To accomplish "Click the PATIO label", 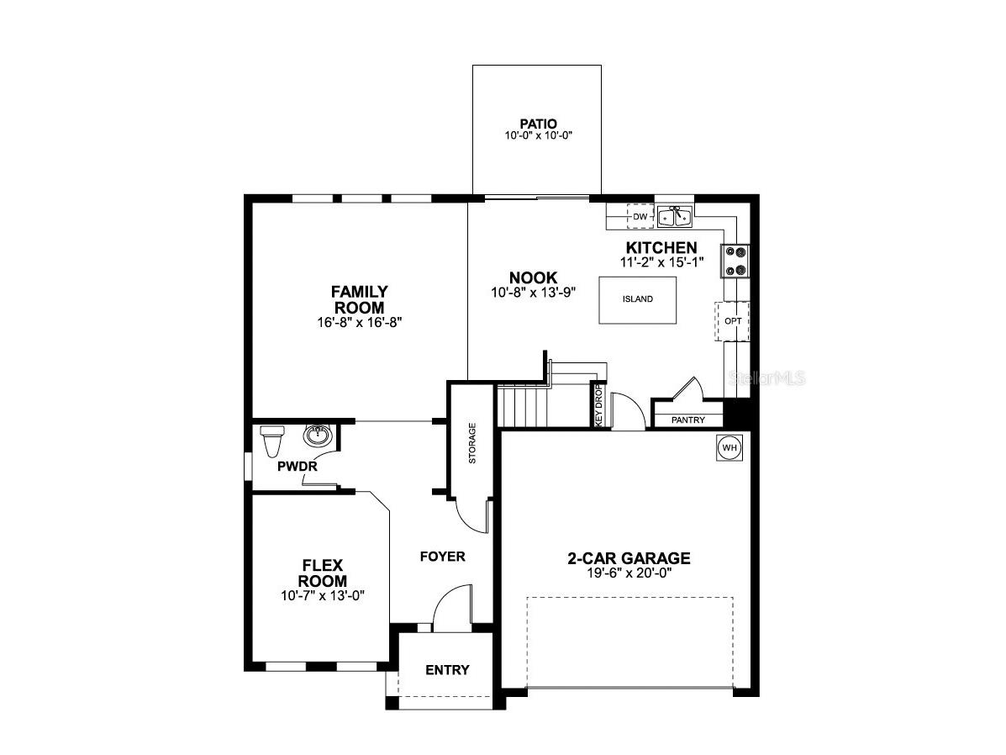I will (x=537, y=123).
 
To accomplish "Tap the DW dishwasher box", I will (x=640, y=217).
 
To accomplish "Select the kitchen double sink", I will (x=674, y=217).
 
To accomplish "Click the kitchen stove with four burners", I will (x=735, y=260).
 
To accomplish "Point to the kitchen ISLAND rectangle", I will (x=637, y=298).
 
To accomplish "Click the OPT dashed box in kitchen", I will (x=731, y=321).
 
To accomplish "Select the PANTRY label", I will (x=687, y=420).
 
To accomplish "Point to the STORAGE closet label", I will (x=472, y=443).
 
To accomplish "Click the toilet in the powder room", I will (x=272, y=440).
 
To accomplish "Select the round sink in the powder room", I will (x=318, y=436).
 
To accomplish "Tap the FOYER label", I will (x=442, y=557).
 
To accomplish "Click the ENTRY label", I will (x=447, y=670).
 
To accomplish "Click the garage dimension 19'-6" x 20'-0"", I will (x=629, y=573).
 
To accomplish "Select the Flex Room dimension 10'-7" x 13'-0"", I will (x=323, y=595).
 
